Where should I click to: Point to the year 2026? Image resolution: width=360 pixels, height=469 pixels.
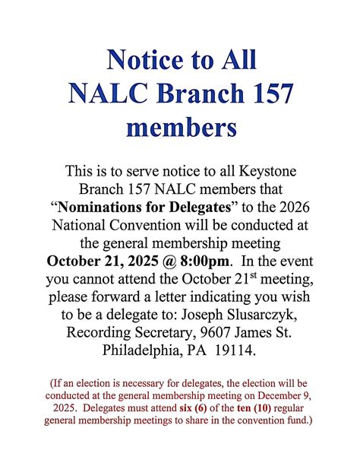coord(289,206)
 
